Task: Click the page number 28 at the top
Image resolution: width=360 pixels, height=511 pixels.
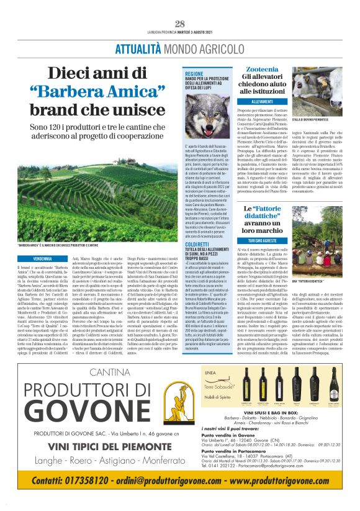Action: point(180,24)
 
